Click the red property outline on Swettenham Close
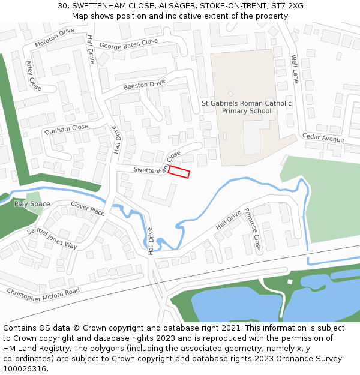[179, 172]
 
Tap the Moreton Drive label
[55, 37]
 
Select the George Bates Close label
[128, 44]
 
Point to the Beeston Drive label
[144, 85]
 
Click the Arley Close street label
[34, 75]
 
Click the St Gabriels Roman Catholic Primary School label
[247, 107]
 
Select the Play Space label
[32, 204]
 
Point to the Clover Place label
[88, 208]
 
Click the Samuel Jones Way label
[52, 238]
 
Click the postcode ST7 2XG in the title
[286, 6]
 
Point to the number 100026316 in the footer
[25, 368]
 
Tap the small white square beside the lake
[290, 281]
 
